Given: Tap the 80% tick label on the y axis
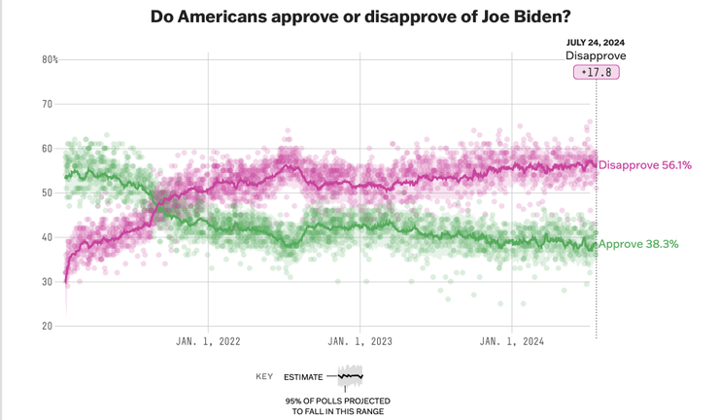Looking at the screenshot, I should [50, 59].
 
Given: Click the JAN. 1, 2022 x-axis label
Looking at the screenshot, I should [208, 341].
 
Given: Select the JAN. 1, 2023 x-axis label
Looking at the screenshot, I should [360, 341].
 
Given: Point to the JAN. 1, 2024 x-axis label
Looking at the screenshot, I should [512, 341].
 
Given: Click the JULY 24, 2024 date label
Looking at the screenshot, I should [596, 42].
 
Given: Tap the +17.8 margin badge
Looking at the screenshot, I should [596, 73].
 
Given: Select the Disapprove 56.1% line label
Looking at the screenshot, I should [645, 165].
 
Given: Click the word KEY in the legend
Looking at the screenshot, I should [264, 376].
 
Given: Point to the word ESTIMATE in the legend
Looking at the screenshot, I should [303, 376].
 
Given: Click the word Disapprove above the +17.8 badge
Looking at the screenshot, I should [596, 56].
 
